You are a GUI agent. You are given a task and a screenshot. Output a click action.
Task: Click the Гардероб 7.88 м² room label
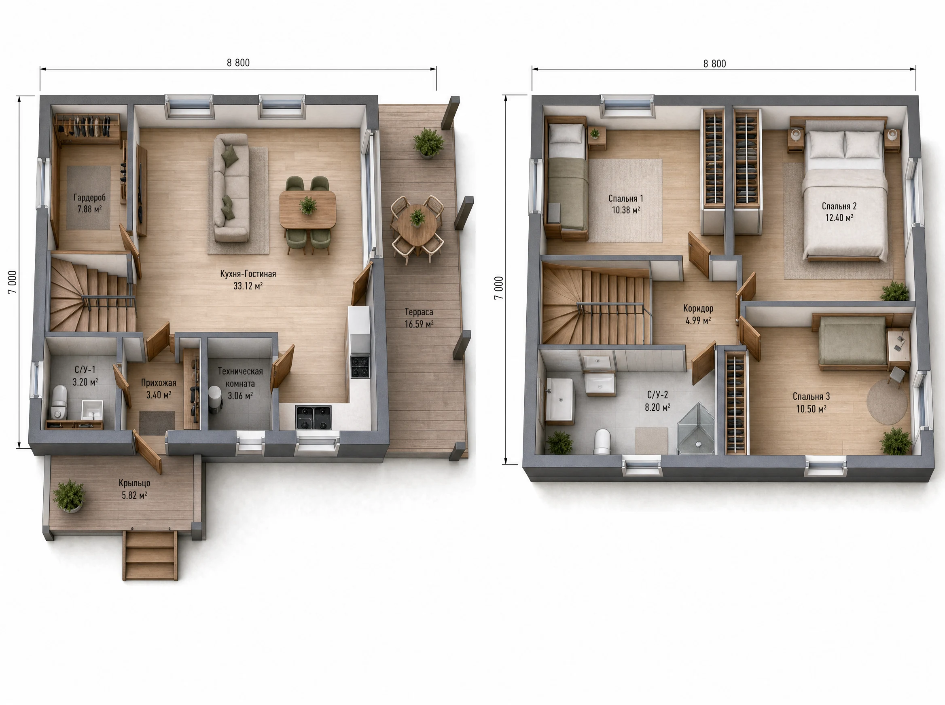coord(89,203)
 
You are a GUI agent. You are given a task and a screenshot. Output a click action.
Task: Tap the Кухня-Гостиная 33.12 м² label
coord(248,279)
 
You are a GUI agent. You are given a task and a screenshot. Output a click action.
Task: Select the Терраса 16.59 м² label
coord(419,318)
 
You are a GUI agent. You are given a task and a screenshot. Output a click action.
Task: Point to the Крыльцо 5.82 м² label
coord(135,489)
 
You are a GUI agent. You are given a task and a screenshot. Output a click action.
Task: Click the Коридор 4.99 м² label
coord(698,314)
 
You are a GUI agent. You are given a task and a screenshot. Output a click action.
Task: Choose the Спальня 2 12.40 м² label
coord(839,212)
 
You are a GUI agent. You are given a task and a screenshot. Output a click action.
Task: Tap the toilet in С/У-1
coord(59,402)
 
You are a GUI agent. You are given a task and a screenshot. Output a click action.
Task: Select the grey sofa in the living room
coord(231,188)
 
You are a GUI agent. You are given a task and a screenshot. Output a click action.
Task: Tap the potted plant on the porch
coord(69,496)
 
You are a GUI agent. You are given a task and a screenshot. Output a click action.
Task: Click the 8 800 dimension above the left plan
coord(238,63)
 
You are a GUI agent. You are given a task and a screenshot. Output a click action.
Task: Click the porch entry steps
coord(150,555)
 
